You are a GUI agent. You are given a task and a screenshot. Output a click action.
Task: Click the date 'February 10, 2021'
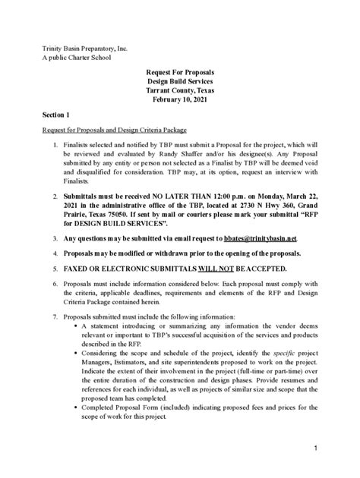click(179, 99)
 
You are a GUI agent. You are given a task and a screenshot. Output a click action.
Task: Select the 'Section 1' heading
click(56, 115)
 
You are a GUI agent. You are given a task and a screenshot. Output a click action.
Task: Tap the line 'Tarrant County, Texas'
click(179, 90)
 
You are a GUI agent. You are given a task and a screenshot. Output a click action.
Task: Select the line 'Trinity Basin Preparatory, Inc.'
click(84, 48)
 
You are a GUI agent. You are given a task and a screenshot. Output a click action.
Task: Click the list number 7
click(55, 316)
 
